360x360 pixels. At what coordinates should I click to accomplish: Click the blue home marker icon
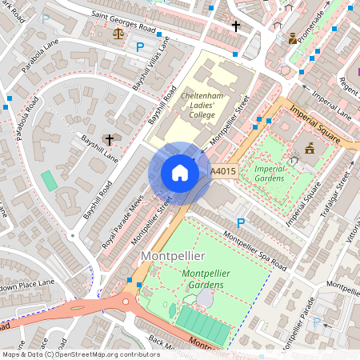click(180, 173)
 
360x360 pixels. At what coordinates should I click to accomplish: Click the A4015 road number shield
click(222, 171)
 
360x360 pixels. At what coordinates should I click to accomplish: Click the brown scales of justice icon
click(119, 34)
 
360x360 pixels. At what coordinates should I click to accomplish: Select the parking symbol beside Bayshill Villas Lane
click(140, 47)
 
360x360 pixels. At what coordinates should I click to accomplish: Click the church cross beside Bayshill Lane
click(108, 138)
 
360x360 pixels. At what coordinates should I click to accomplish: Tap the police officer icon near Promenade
click(293, 38)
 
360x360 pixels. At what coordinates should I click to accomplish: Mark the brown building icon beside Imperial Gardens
click(309, 149)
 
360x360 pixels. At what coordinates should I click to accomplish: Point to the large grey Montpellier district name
click(173, 256)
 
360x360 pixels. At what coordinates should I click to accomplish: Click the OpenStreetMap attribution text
click(80, 354)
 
